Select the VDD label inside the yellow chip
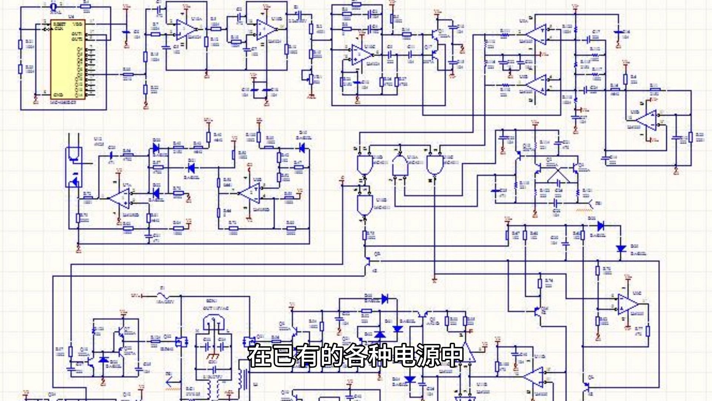point(78,24)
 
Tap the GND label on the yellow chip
point(58,95)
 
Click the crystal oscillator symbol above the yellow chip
point(53,6)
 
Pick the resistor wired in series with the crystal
point(86,6)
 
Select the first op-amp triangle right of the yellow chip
point(185,30)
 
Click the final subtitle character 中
point(452,355)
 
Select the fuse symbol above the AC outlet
point(162,296)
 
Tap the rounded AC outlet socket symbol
point(214,322)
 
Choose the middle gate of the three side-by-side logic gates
point(400,166)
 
